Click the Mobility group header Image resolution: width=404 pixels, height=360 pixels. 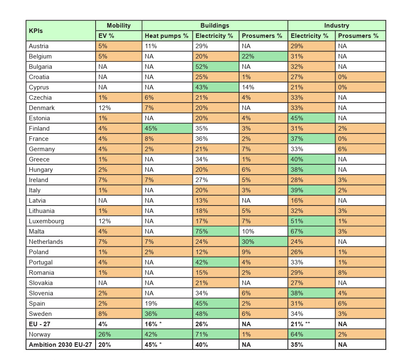119,26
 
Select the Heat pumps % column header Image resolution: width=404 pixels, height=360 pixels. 167,36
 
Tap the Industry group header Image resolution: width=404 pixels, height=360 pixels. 336,26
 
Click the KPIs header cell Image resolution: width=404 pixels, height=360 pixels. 61,30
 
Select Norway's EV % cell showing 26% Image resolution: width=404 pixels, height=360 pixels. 119,334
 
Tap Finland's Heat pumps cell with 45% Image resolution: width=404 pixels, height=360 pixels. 167,129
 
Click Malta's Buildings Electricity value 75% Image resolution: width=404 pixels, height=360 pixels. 216,231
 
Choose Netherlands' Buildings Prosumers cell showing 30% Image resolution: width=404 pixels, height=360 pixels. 263,242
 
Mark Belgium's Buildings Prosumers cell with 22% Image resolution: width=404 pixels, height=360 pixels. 263,56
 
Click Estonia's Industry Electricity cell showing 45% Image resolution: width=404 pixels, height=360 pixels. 311,118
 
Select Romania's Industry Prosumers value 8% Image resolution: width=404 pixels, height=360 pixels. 360,273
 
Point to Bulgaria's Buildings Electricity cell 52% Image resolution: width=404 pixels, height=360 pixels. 216,67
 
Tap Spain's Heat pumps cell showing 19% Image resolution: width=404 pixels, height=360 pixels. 167,304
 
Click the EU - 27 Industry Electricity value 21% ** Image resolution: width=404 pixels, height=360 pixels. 311,324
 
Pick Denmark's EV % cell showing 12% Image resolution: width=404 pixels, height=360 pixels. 119,108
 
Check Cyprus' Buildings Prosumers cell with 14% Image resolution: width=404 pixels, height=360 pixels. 263,87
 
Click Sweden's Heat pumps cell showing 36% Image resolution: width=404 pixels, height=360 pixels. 167,314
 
